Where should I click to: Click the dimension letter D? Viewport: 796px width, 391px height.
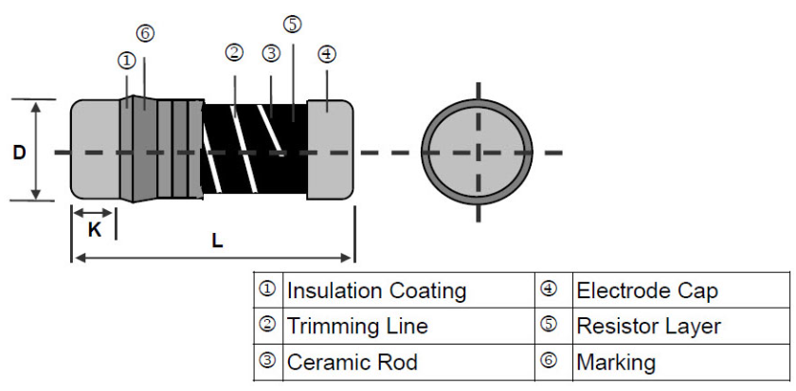pos(19,152)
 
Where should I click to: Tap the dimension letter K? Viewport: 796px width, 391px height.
pos(95,230)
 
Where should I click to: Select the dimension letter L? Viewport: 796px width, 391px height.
pos(217,240)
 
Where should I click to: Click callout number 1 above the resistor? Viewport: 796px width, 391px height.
pos(127,61)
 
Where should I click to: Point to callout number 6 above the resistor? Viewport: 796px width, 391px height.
pos(145,33)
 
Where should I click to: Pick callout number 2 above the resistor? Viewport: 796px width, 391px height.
pos(234,53)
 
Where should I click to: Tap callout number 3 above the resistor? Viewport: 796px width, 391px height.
pos(271,53)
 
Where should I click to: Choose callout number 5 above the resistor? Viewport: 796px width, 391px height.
pos(293,25)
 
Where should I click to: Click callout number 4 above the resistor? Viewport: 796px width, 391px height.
pos(326,54)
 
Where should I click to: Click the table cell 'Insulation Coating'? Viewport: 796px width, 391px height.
pos(376,291)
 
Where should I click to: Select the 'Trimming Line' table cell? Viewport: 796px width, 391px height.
pos(357,326)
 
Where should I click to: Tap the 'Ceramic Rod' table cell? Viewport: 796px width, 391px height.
pos(352,363)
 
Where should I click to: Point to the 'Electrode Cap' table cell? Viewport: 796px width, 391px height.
pos(647,291)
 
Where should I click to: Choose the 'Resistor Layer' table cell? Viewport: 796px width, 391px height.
pos(648,326)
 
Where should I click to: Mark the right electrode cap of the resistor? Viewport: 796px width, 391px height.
pos(330,149)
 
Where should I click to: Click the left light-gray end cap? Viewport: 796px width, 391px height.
pos(96,149)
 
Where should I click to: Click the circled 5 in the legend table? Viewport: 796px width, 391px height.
pos(549,325)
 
